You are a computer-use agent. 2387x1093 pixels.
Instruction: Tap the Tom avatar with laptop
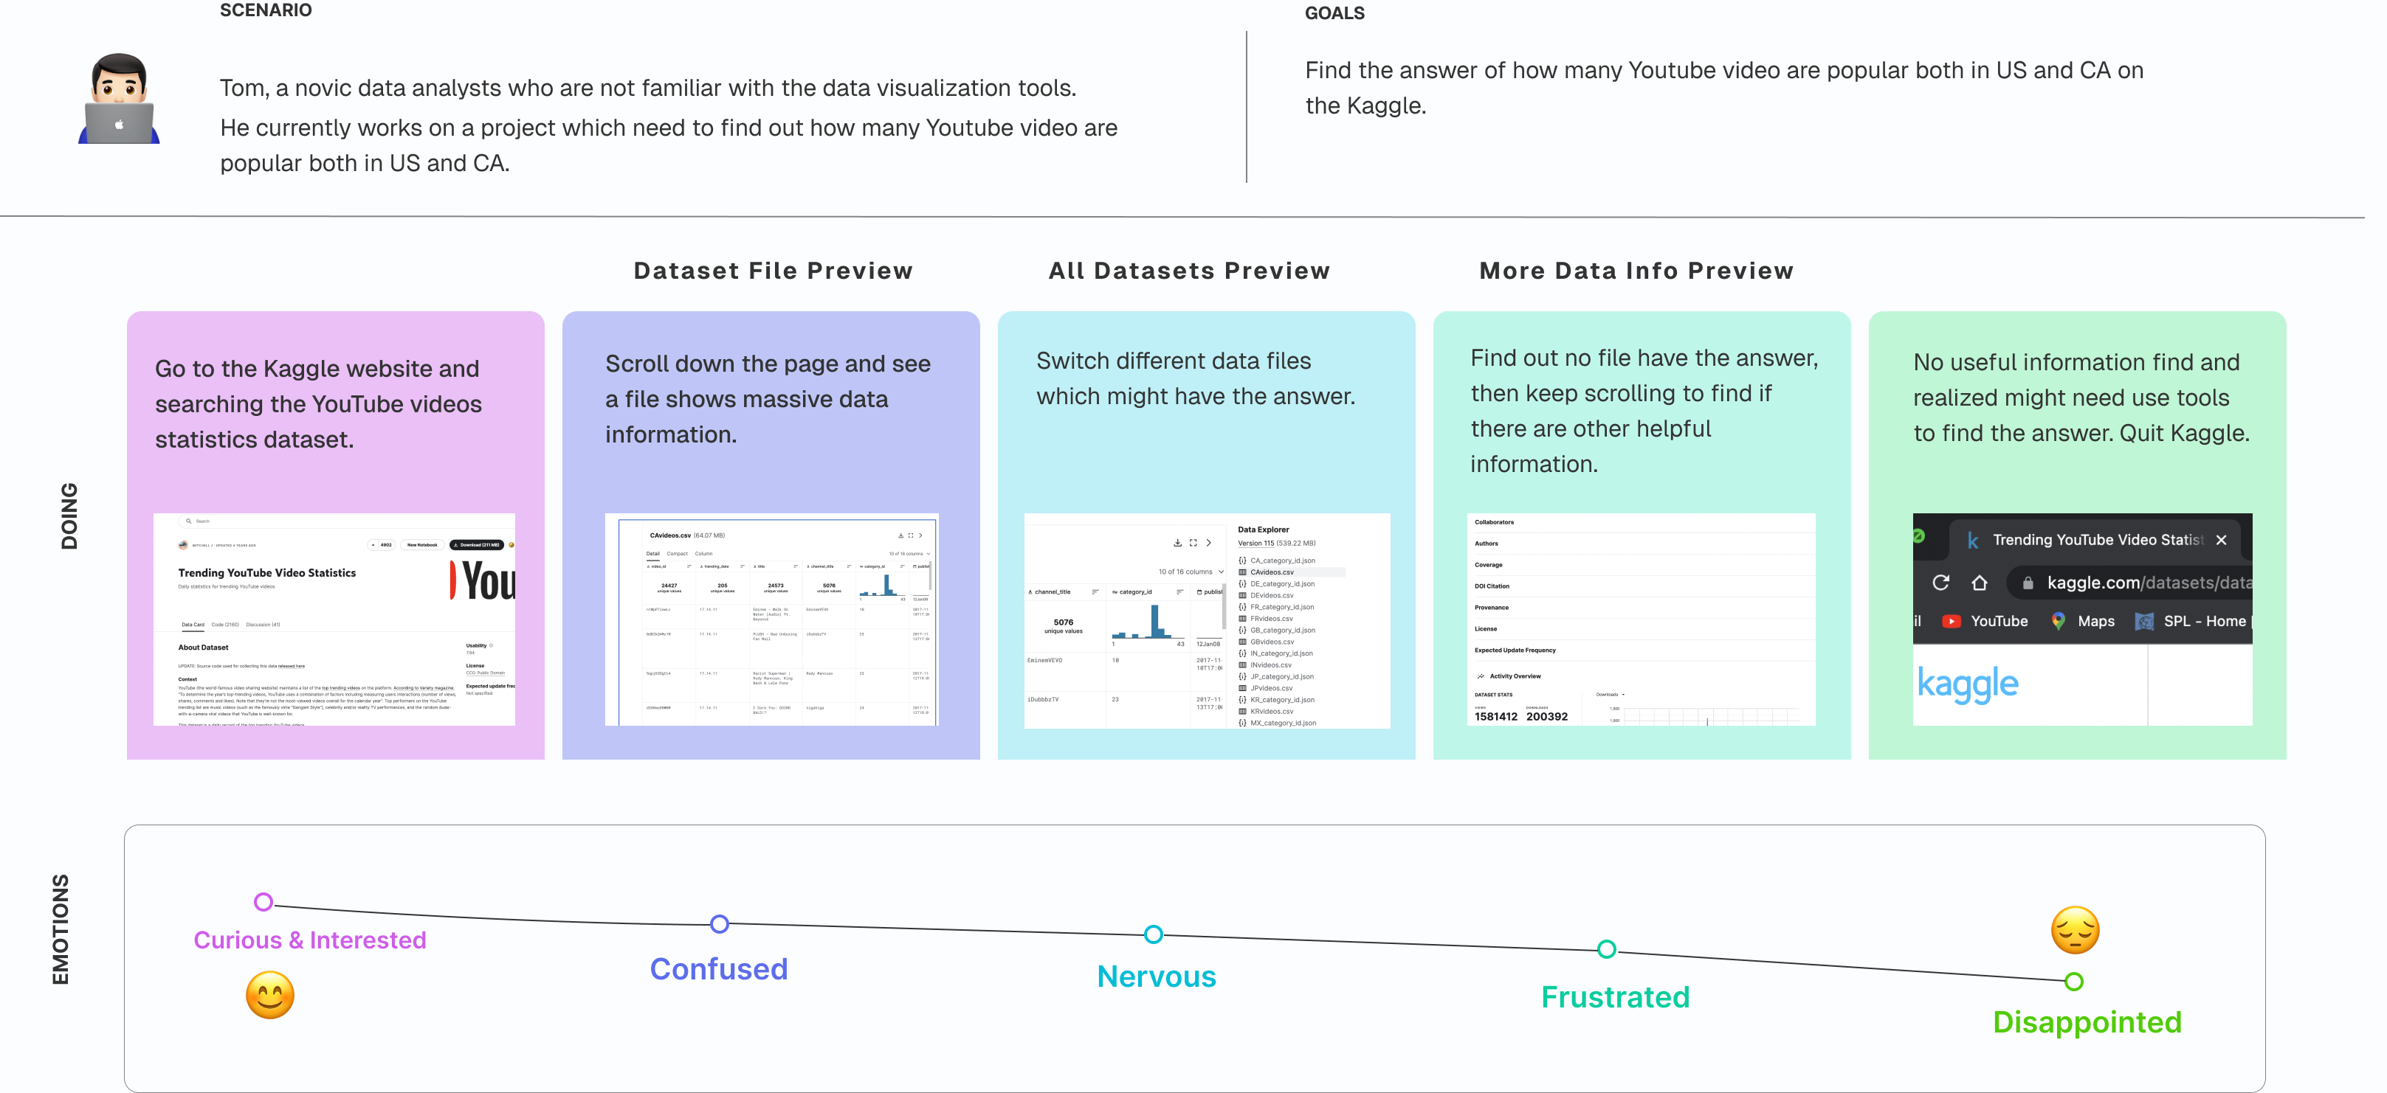pos(120,99)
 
